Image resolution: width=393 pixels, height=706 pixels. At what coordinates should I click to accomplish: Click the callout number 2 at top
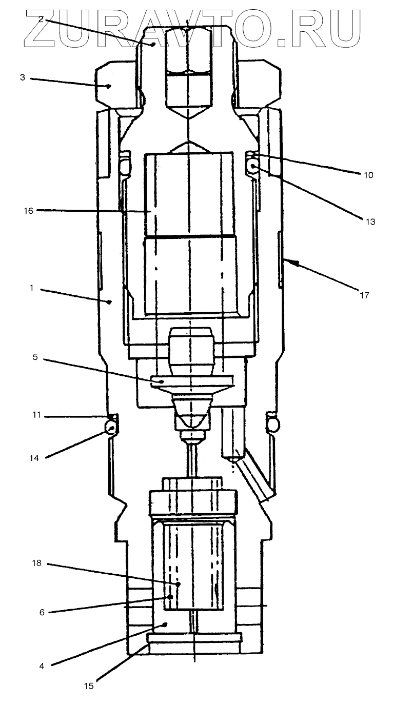pyautogui.click(x=41, y=19)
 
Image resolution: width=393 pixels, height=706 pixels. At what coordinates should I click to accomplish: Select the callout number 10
pyautogui.click(x=368, y=175)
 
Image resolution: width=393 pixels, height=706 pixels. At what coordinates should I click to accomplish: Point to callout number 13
pyautogui.click(x=370, y=222)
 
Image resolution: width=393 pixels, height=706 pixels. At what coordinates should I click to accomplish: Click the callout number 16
pyautogui.click(x=28, y=210)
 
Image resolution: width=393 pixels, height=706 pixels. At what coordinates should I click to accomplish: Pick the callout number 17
pyautogui.click(x=364, y=295)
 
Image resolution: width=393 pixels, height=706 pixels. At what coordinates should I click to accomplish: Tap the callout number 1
pyautogui.click(x=31, y=288)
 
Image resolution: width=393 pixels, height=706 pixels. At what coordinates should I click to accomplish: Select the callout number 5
pyautogui.click(x=35, y=357)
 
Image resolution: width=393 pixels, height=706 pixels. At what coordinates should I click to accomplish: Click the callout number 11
pyautogui.click(x=35, y=416)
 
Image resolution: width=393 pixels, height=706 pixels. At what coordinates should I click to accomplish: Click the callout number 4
pyautogui.click(x=42, y=667)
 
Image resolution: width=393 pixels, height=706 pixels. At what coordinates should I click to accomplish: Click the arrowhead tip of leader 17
pyautogui.click(x=291, y=262)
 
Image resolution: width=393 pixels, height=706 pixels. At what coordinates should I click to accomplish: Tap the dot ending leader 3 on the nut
pyautogui.click(x=109, y=86)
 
